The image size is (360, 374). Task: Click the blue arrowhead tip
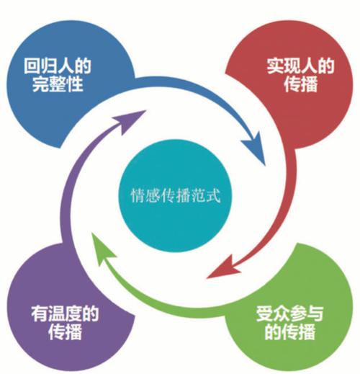[x=265, y=165]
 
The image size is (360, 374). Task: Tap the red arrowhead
[x=223, y=267]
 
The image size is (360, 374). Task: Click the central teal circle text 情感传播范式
[x=175, y=195]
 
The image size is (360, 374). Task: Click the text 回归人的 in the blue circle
[x=58, y=66]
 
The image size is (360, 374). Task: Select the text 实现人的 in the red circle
[x=300, y=66]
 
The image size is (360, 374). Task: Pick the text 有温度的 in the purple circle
[x=65, y=313]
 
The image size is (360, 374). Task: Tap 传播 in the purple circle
[x=65, y=331]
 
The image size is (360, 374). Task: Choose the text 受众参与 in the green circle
[x=289, y=313]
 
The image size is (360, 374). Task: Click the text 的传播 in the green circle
[x=289, y=332]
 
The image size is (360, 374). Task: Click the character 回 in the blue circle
[x=32, y=66]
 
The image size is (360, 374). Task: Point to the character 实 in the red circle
[x=275, y=66]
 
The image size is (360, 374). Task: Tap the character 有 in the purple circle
[x=40, y=313]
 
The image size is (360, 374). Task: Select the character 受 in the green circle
[x=264, y=313]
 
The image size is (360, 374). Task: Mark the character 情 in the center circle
[x=138, y=196]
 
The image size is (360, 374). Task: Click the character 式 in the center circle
[x=213, y=195]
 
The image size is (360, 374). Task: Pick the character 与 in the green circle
[x=315, y=313]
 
